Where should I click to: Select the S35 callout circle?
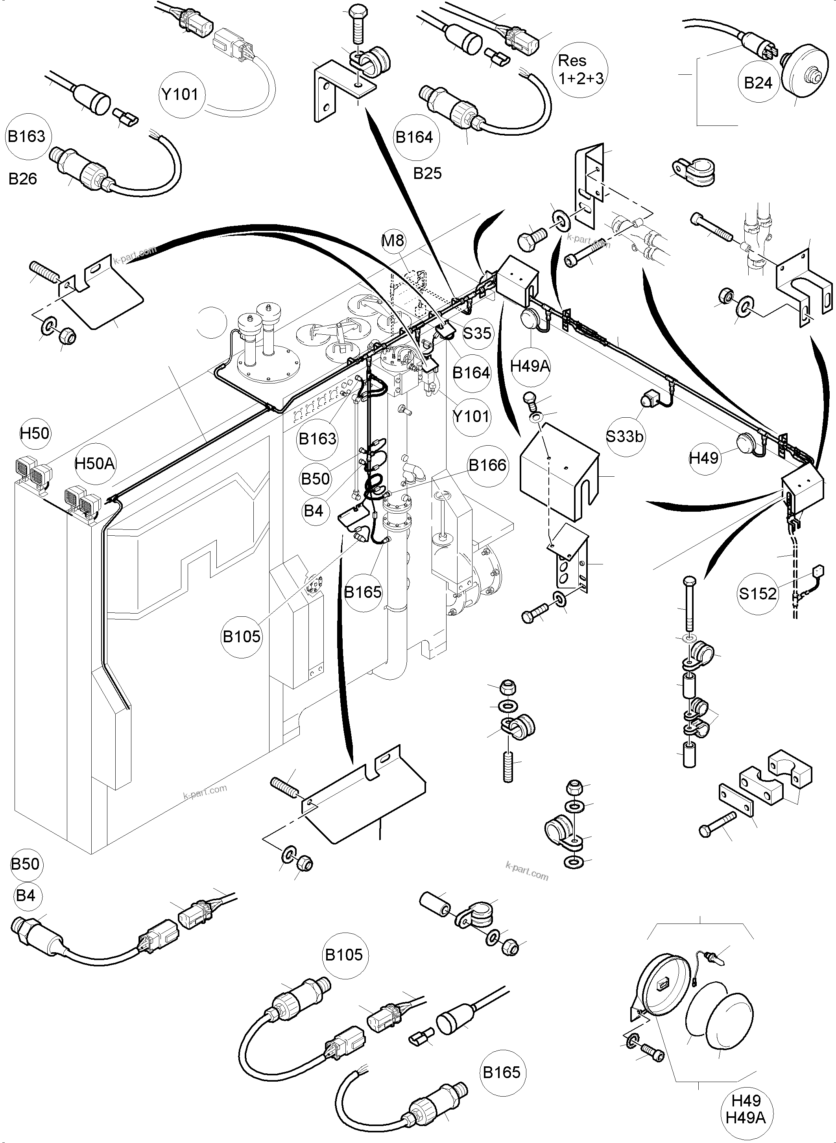[x=477, y=332]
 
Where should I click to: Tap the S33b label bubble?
[x=625, y=436]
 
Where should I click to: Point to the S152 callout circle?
[x=758, y=593]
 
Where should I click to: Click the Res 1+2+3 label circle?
[x=580, y=69]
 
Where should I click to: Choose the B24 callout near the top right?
[x=758, y=83]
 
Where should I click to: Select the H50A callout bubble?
[x=95, y=463]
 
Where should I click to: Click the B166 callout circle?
[x=487, y=465]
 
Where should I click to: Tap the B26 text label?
[x=23, y=179]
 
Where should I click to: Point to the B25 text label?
[x=427, y=173]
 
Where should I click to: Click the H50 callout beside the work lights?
[x=35, y=433]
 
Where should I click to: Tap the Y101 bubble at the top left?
[x=181, y=94]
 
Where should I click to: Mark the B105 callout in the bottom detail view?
[x=344, y=955]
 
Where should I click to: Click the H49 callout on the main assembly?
[x=704, y=458]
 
